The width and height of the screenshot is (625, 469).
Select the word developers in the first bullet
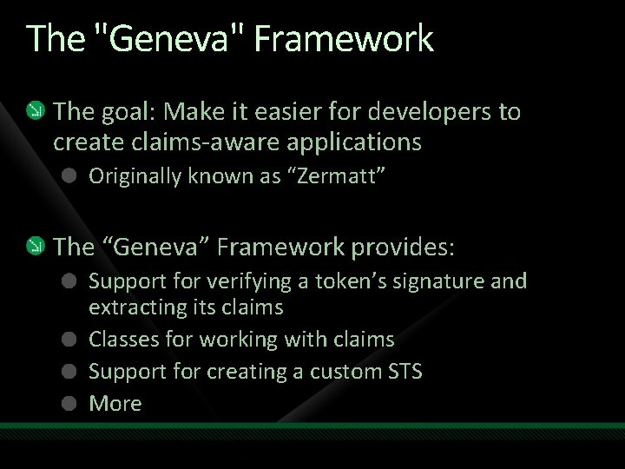(434, 112)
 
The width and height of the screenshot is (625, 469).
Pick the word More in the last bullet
(115, 403)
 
